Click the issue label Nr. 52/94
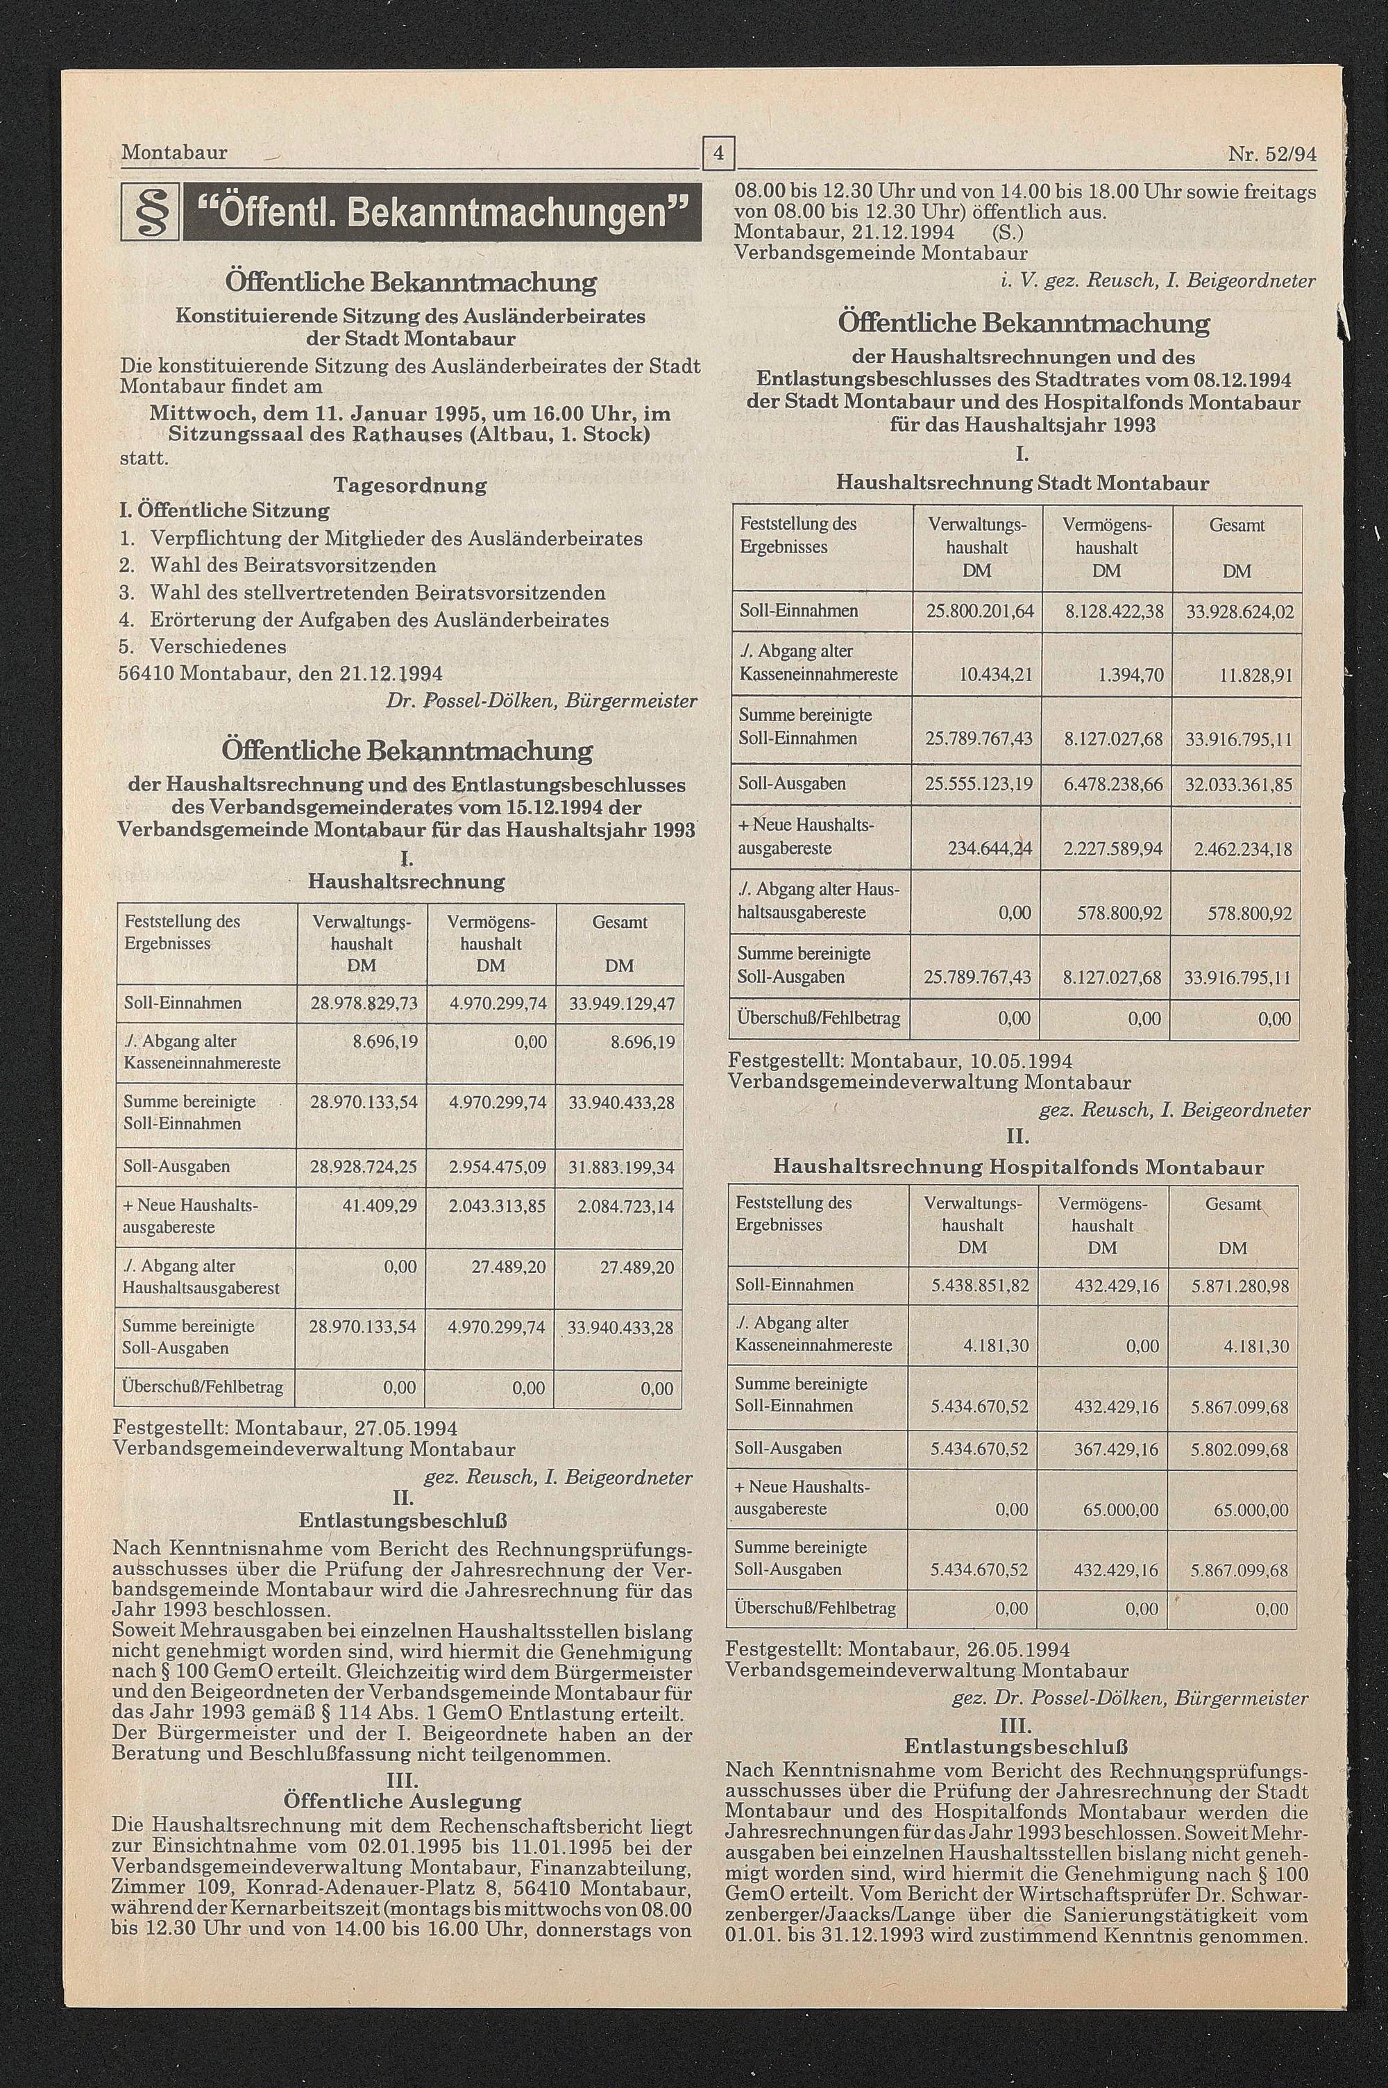pos(1271,154)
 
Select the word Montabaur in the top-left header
pos(174,152)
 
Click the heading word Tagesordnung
pos(410,485)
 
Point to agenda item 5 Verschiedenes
pos(218,646)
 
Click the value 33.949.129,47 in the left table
pos(621,1004)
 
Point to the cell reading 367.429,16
pos(1116,1449)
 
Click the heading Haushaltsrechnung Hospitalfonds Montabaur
pos(1018,1167)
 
